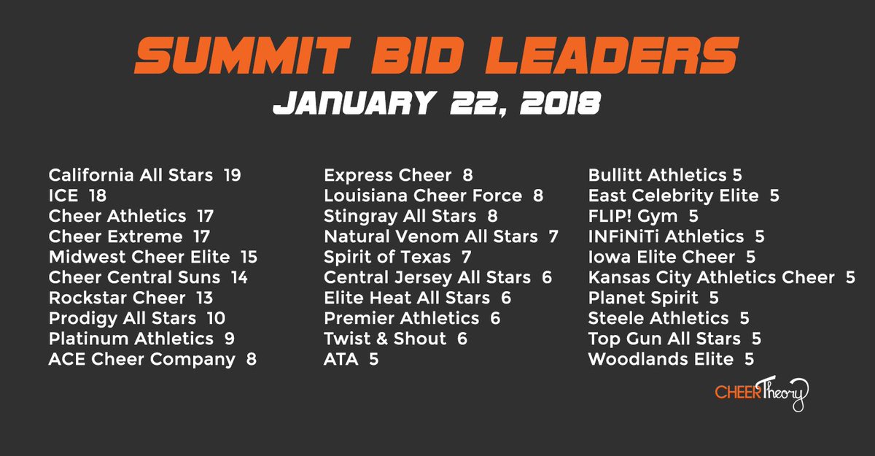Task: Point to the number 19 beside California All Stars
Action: tap(233, 175)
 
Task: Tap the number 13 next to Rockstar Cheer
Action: tap(207, 298)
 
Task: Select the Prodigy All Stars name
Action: tap(122, 318)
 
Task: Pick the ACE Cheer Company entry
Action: tap(142, 359)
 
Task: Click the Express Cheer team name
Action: tap(388, 175)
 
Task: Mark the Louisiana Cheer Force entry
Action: tap(423, 196)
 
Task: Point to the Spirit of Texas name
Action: tap(387, 257)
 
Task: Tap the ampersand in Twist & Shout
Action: tap(384, 339)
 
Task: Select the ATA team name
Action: tap(341, 359)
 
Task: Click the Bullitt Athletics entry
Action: tap(657, 175)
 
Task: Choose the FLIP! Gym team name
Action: tap(633, 216)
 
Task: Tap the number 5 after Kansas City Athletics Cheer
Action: tap(850, 277)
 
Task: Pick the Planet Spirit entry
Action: tap(643, 298)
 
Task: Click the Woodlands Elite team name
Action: tap(661, 359)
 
